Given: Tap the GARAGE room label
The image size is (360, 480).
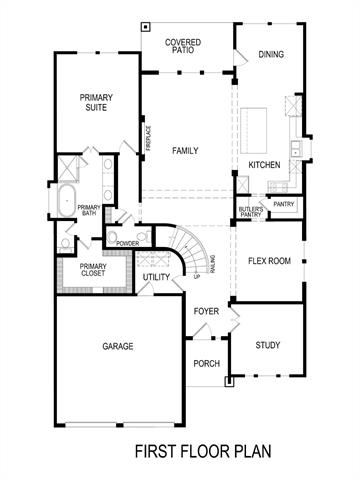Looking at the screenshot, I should point(118,346).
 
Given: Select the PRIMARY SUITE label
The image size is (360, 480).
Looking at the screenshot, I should point(97,103).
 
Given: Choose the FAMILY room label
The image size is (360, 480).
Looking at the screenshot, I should point(185,151).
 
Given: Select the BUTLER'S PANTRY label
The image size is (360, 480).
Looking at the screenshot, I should point(250,211).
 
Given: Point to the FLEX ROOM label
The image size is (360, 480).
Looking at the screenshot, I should point(269,261).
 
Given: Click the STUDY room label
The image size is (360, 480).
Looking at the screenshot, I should point(267,345).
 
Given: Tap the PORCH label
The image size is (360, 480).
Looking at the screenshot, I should point(206,363).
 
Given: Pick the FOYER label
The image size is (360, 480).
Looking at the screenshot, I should point(207,311).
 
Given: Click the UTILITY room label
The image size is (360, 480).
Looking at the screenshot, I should point(156,277).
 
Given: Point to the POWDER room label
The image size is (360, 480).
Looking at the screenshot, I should point(127,243).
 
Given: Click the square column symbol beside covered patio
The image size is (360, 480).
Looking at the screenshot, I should point(146,26).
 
